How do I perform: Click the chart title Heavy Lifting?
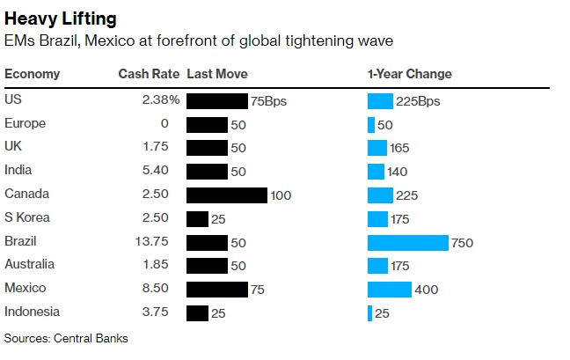(61, 18)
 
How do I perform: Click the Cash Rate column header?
(148, 74)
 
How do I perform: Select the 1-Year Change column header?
(409, 74)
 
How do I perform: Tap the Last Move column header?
(217, 74)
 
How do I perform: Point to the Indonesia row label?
(33, 312)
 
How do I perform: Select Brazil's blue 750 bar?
(408, 242)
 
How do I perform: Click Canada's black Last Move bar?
(227, 195)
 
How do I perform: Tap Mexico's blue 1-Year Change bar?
(390, 289)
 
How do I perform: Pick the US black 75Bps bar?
(217, 101)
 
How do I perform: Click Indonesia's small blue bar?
(370, 312)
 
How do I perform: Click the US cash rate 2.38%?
(161, 100)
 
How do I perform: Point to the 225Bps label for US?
(419, 101)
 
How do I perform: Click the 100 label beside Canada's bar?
(281, 195)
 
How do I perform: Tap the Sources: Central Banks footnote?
(66, 337)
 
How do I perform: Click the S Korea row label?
(27, 217)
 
